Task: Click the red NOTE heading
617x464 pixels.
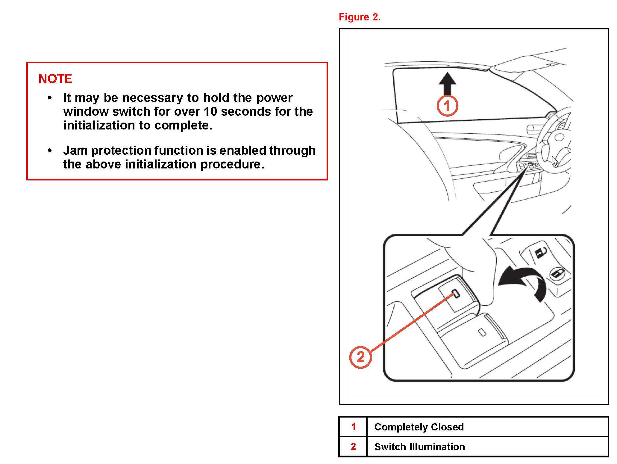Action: click(x=55, y=79)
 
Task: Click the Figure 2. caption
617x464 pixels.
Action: click(x=359, y=17)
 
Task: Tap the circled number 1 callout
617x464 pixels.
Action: click(x=447, y=106)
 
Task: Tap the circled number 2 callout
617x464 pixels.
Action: click(x=360, y=357)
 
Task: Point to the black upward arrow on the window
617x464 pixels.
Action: click(x=447, y=84)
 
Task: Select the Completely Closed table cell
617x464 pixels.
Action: click(x=419, y=427)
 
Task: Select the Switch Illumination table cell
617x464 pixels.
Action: click(x=419, y=447)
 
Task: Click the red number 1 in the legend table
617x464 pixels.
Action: click(x=353, y=427)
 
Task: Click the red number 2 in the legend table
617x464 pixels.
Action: click(x=353, y=446)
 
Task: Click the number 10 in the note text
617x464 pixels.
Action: click(x=210, y=112)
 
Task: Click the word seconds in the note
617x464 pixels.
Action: click(x=246, y=112)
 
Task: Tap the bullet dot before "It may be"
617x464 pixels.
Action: click(x=50, y=98)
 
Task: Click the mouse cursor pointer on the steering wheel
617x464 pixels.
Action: click(x=555, y=161)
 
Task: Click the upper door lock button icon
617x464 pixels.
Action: click(x=540, y=252)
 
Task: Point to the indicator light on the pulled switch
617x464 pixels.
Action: click(x=456, y=293)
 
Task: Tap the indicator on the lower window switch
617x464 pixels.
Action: click(x=482, y=332)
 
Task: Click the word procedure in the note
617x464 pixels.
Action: click(x=232, y=164)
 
